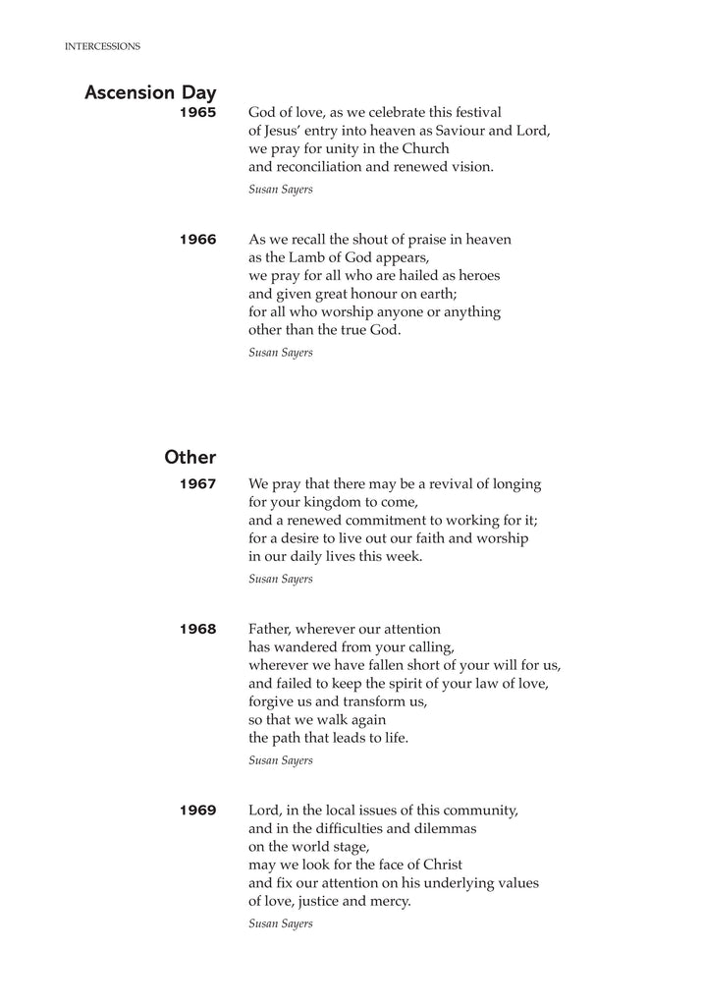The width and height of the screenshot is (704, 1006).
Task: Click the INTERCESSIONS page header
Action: tap(102, 46)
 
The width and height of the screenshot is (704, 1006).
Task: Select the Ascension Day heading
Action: tap(150, 93)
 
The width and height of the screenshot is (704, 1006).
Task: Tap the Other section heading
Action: tap(190, 457)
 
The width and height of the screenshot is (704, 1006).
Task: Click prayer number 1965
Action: tap(197, 113)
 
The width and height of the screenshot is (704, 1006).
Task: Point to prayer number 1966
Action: tap(197, 240)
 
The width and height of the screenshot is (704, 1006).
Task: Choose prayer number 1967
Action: tap(197, 484)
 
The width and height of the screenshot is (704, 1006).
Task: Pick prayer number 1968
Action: tap(197, 630)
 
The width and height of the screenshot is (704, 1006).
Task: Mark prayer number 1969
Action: tap(197, 811)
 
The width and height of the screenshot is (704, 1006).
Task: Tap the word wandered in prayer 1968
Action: tap(300, 647)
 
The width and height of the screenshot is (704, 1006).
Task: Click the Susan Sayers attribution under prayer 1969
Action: tap(281, 923)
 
